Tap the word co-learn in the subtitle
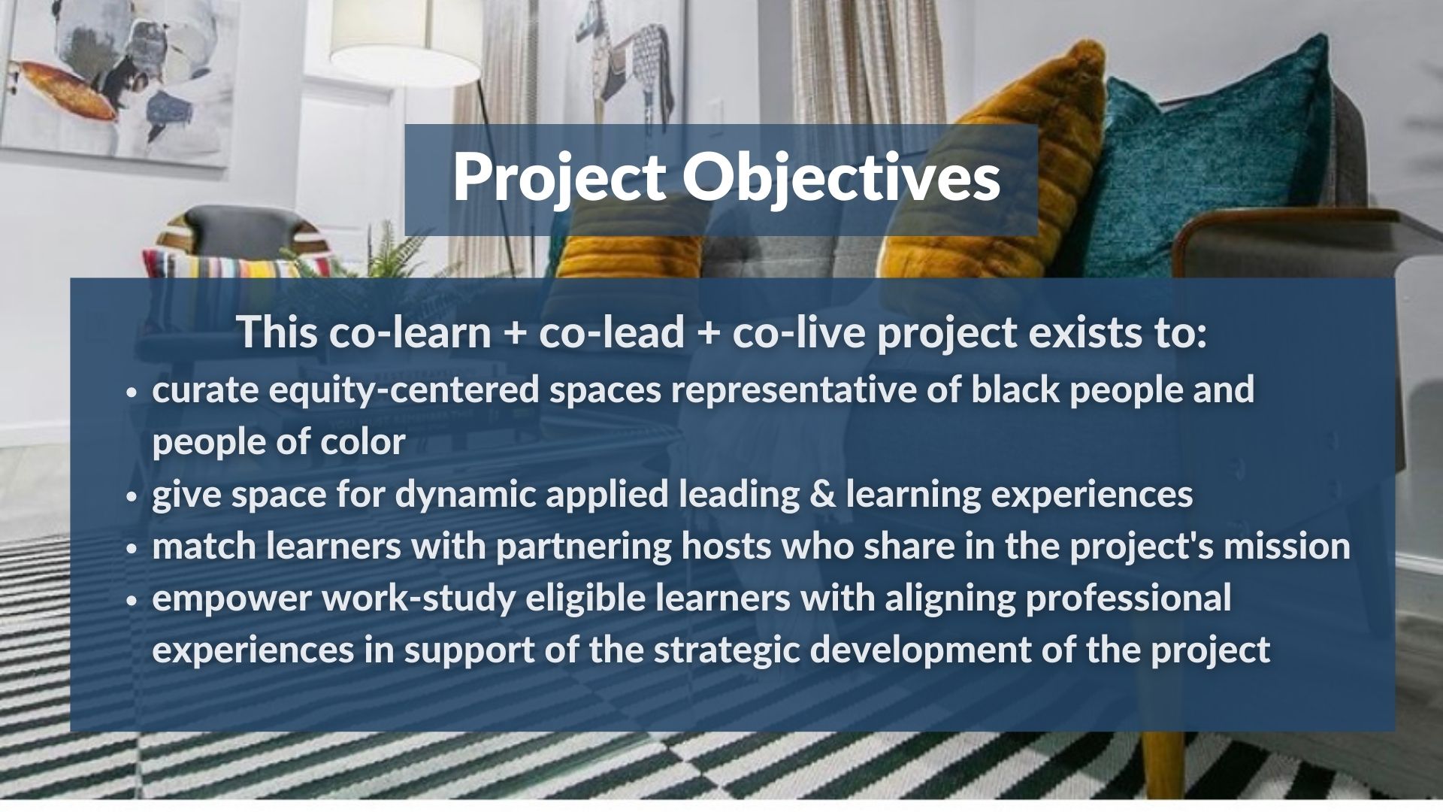click(410, 332)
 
